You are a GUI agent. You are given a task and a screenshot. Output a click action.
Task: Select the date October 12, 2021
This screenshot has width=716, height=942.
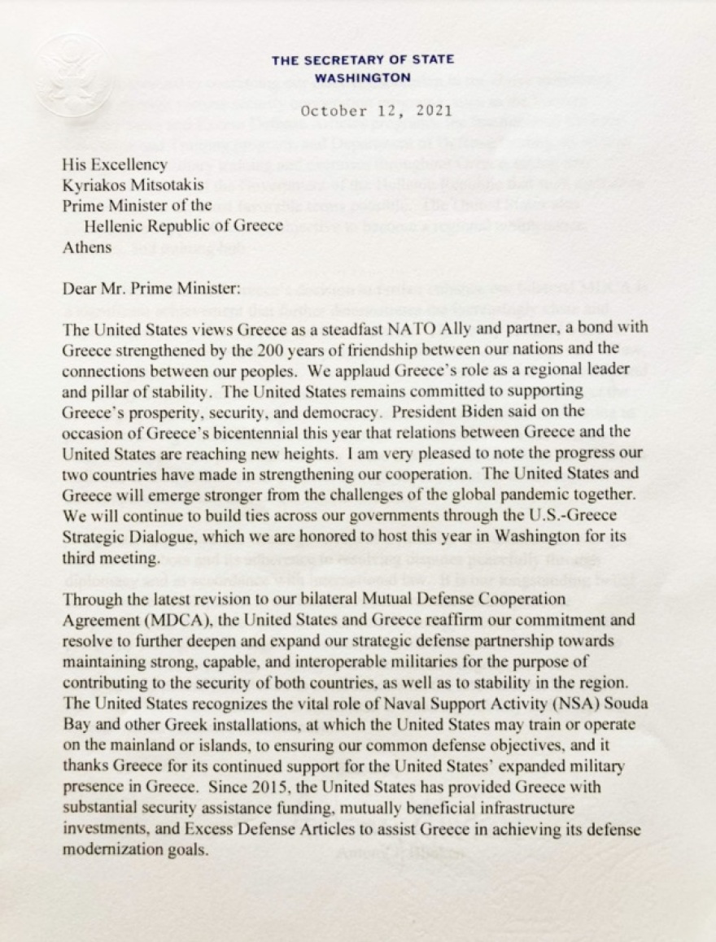pos(376,111)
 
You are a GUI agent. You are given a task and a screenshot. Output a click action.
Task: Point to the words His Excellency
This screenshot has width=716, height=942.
pos(115,165)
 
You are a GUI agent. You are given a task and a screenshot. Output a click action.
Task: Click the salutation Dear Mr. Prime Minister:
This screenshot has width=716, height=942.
pos(143,287)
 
